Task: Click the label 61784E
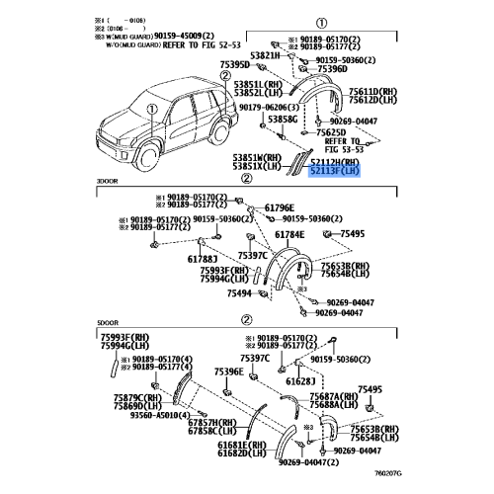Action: point(289,234)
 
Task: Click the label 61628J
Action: point(300,379)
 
